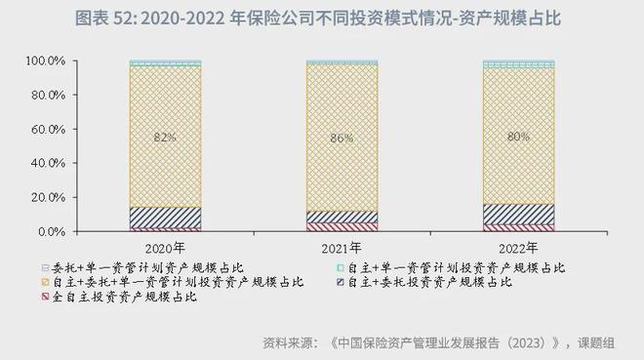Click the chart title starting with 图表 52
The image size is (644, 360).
coord(322,19)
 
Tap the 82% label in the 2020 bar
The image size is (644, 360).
coord(165,138)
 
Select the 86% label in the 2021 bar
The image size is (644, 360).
coord(342,139)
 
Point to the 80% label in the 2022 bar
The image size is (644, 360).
coord(518,138)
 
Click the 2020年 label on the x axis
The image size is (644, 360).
coord(165,248)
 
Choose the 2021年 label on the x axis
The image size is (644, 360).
coord(342,248)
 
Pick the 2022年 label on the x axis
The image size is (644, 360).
coord(518,248)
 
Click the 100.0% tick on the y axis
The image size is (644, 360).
coord(46,61)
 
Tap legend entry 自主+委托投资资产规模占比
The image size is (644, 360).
coord(429,282)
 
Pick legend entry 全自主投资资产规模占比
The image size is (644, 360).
coord(127,297)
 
